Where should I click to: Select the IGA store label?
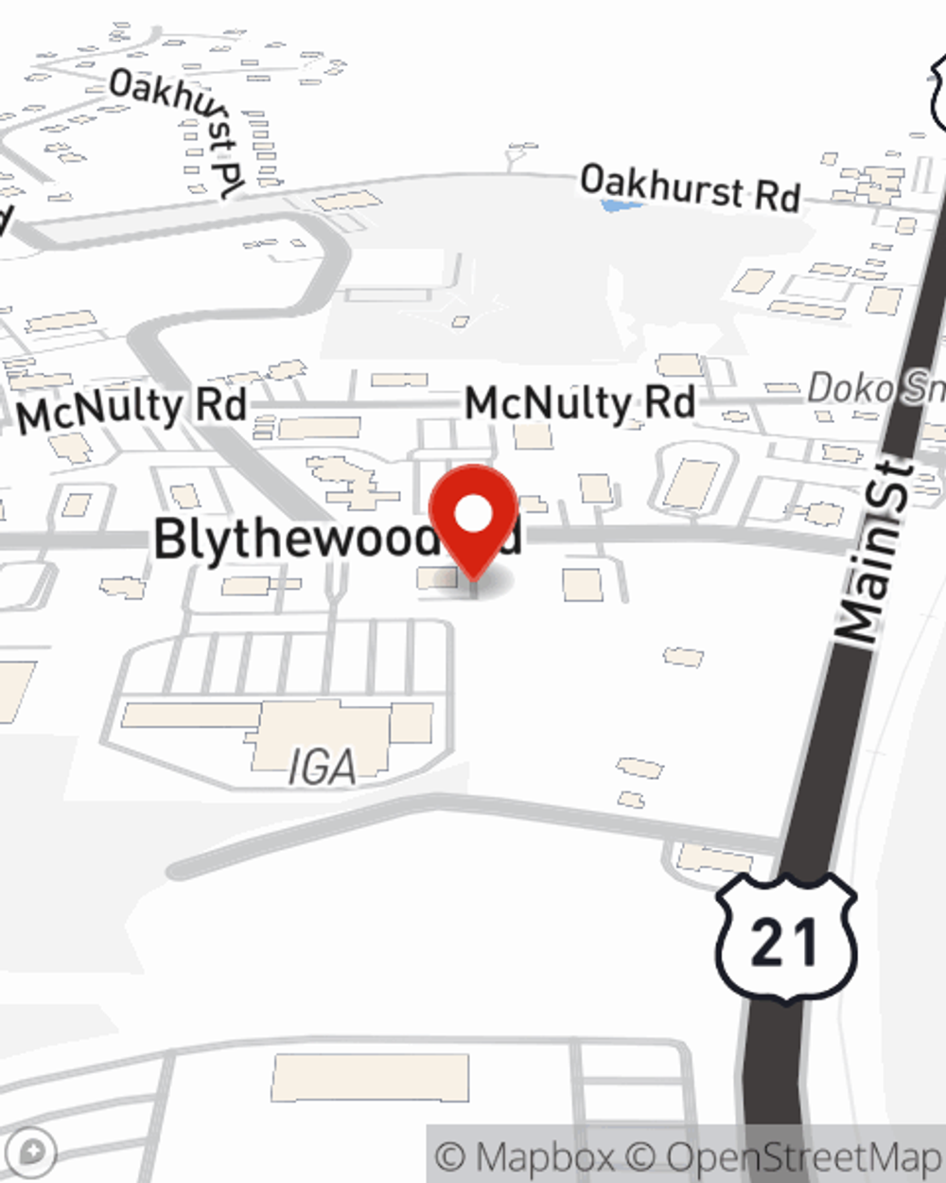tap(323, 768)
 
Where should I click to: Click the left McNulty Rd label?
tap(131, 410)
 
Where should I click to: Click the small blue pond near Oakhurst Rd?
tap(615, 204)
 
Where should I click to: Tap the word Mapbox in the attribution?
tap(544, 1157)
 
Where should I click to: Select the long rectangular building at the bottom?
tap(370, 1078)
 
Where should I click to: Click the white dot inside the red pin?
tap(474, 514)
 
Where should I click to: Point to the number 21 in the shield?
tap(784, 944)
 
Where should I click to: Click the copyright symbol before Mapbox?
tap(450, 1157)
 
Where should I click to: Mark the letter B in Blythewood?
tap(170, 539)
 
